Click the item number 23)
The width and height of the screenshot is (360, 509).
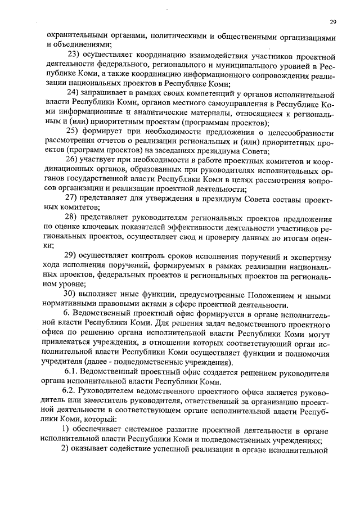pos(75,54)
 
